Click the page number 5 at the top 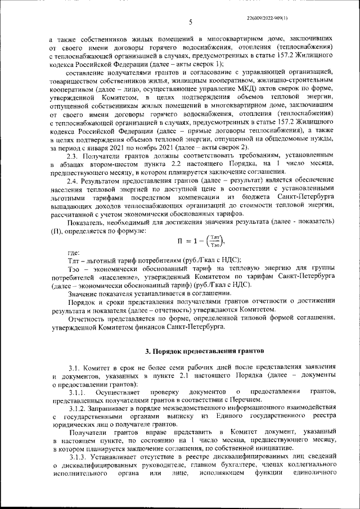pos(190,22)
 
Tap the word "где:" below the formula pos(73,253)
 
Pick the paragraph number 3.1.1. pos(77,391)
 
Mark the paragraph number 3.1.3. pos(77,457)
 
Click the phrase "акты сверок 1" pos(197,64)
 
